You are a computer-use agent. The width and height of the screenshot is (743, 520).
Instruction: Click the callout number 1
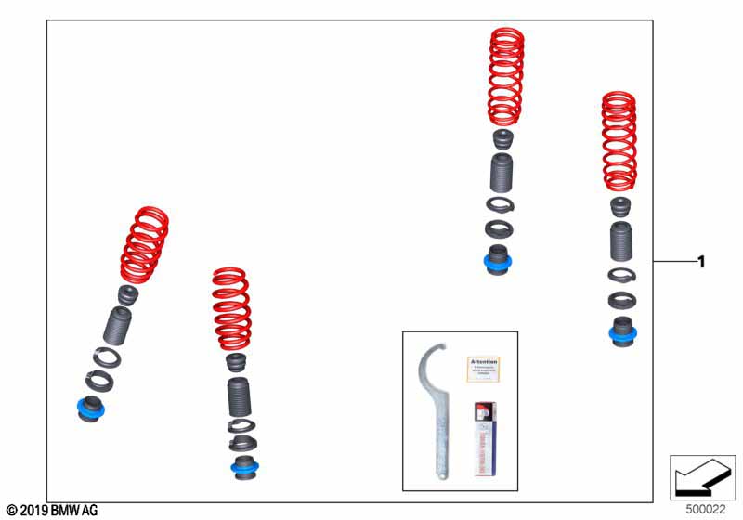[x=701, y=263]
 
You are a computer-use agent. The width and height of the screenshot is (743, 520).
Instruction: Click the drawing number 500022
[x=707, y=509]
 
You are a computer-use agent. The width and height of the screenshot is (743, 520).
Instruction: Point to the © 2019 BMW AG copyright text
[x=51, y=510]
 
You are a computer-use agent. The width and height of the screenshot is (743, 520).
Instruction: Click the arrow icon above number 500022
[x=702, y=477]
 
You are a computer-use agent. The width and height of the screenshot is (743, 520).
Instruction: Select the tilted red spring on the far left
[x=145, y=245]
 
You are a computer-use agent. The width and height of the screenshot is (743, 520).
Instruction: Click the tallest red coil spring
[x=506, y=77]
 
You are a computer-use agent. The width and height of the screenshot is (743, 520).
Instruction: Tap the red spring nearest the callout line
[x=619, y=141]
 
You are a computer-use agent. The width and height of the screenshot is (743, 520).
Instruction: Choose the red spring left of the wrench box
[x=232, y=309]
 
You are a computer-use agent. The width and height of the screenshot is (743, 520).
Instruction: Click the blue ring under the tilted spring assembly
[x=90, y=408]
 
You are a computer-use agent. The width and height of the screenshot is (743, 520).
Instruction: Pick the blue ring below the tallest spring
[x=499, y=263]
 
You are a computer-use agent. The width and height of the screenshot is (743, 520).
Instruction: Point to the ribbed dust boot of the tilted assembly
[x=118, y=325]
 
